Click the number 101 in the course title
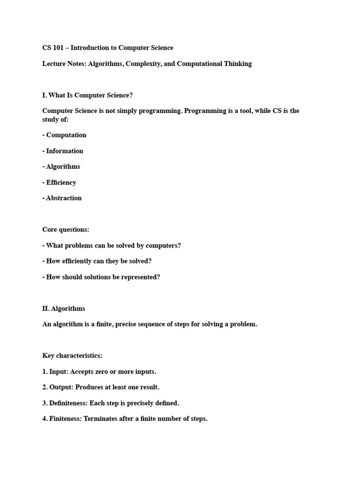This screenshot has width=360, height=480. (59, 48)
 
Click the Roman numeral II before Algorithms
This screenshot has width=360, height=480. (45, 309)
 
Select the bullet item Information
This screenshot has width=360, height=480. (65, 151)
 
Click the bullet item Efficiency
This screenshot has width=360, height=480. (61, 182)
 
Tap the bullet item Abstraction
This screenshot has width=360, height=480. (64, 198)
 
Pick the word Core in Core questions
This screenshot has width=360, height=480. (50, 230)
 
